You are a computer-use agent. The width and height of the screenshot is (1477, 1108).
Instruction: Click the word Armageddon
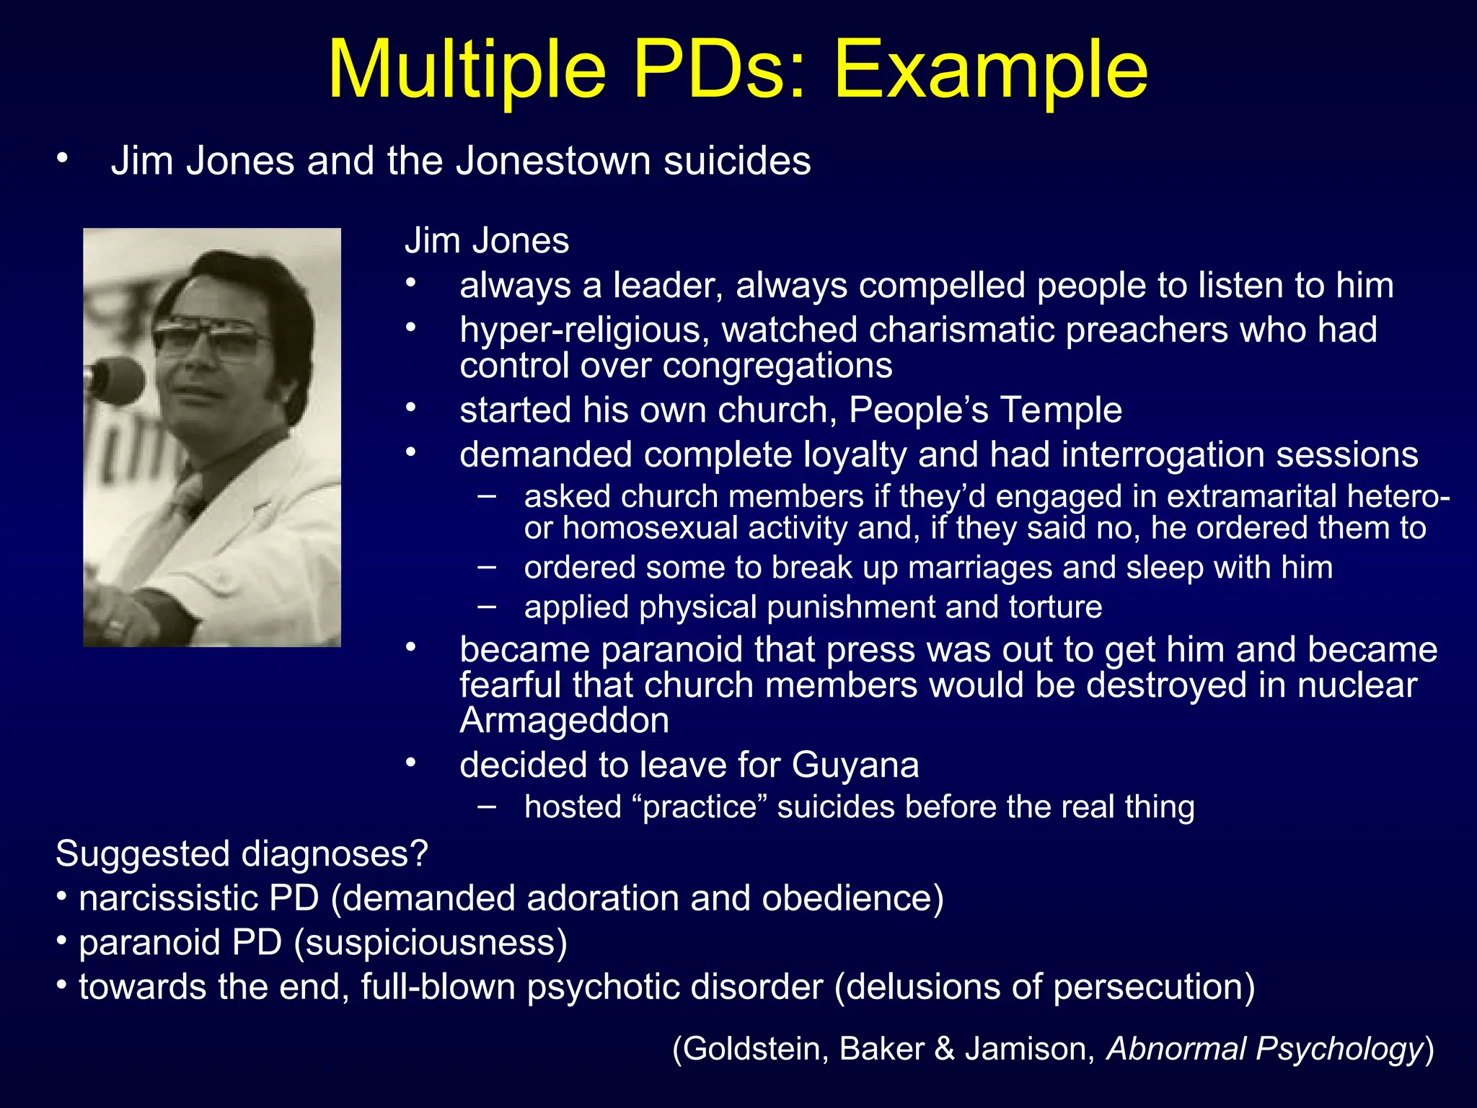point(564,721)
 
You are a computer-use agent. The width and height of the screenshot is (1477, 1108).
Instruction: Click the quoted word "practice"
point(699,807)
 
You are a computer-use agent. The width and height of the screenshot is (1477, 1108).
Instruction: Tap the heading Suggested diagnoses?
point(242,854)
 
